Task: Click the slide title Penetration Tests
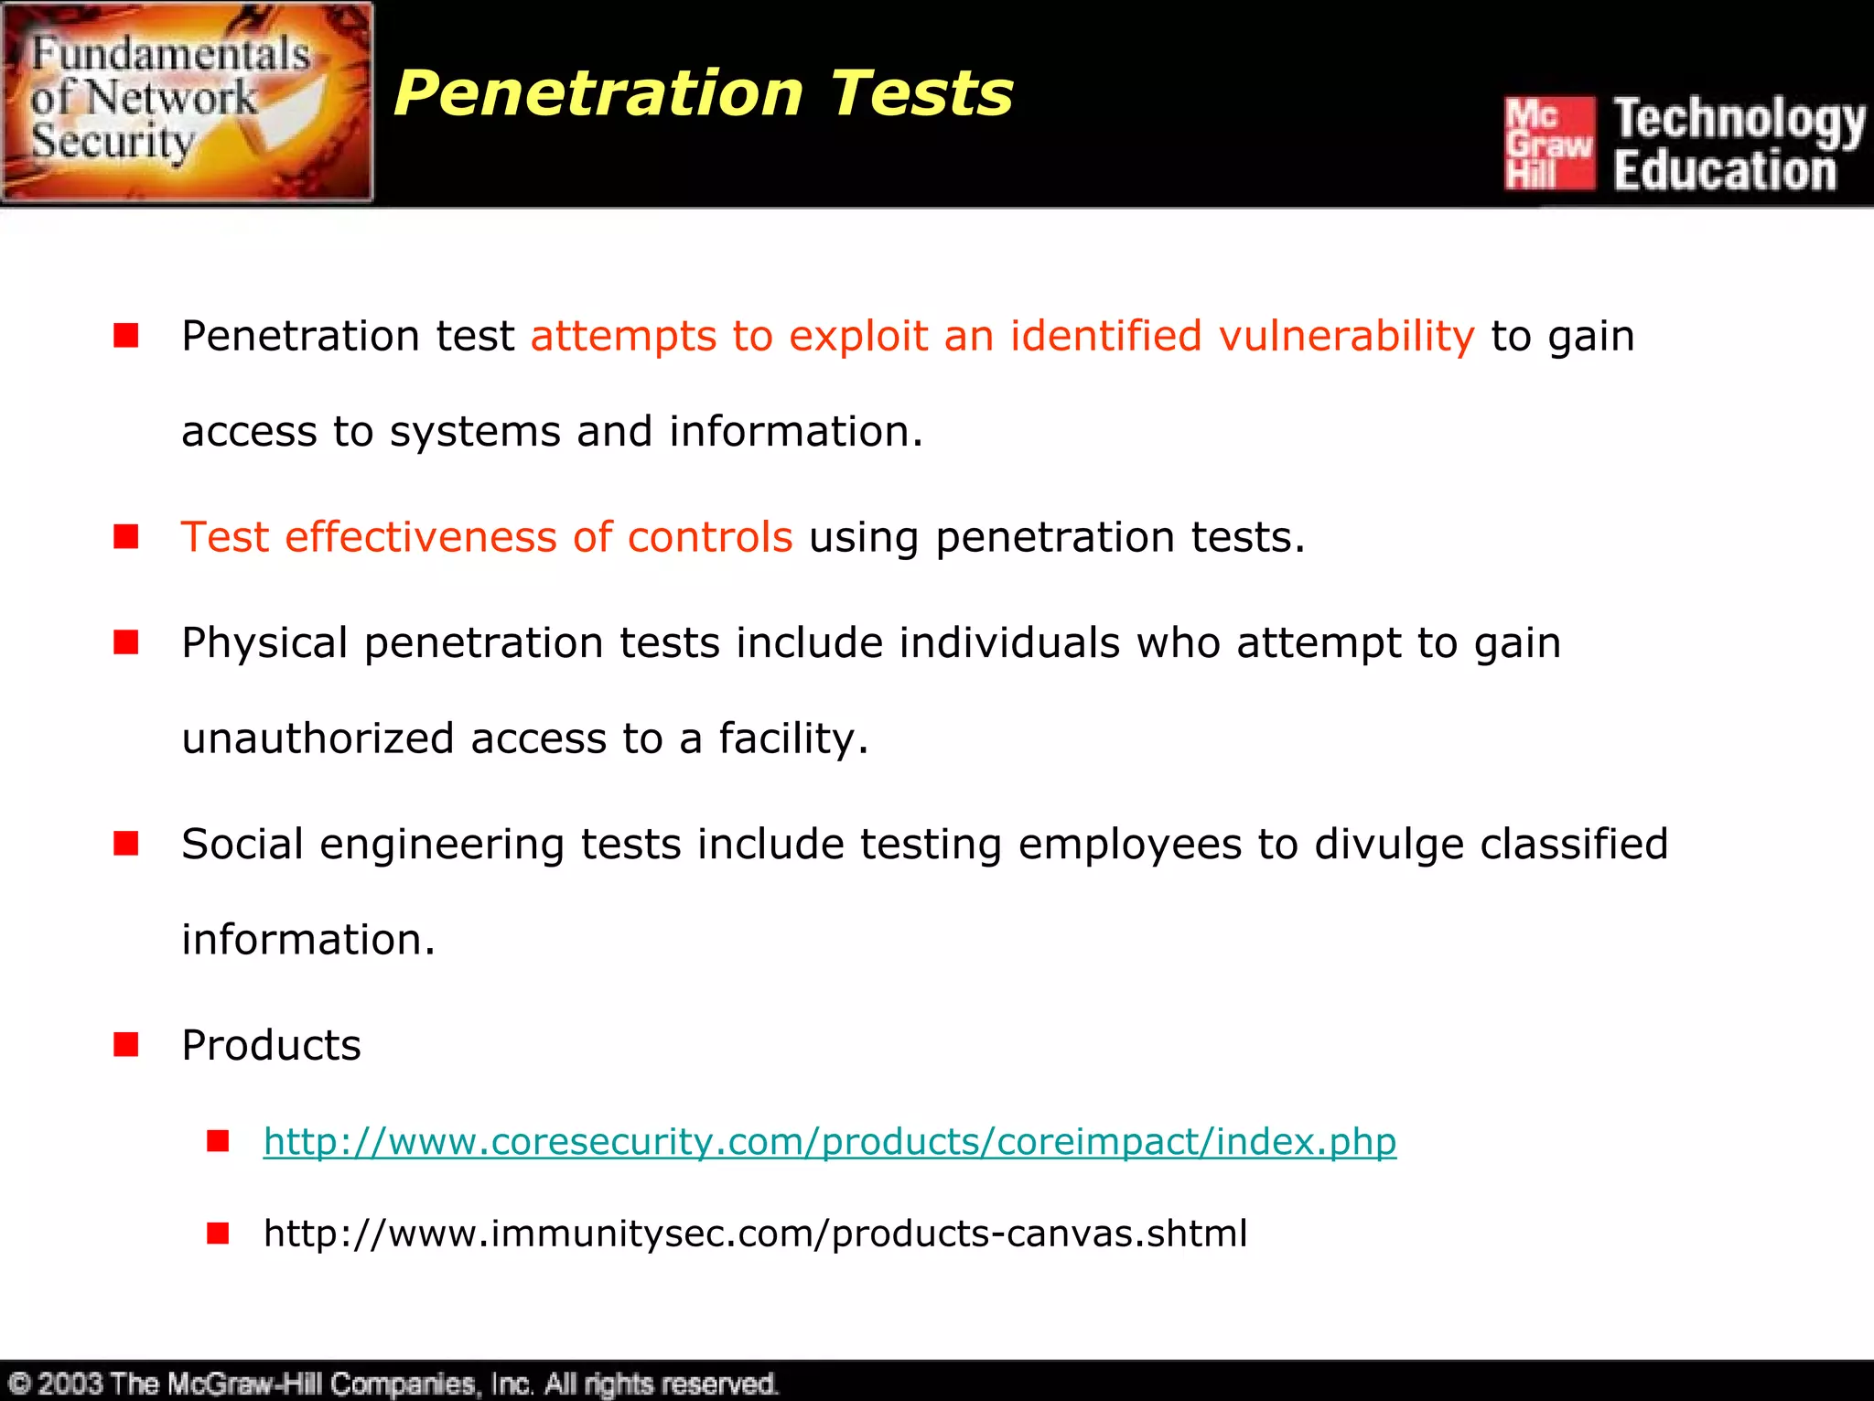click(x=703, y=93)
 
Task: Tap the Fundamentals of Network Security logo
click(x=188, y=102)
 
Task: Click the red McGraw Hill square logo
click(x=1549, y=143)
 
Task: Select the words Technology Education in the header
click(x=1738, y=145)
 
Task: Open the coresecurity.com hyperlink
click(x=829, y=1141)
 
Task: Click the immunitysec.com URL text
click(x=755, y=1233)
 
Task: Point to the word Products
click(x=271, y=1045)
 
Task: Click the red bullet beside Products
click(x=126, y=1044)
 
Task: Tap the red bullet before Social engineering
click(x=126, y=843)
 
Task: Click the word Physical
click(x=264, y=642)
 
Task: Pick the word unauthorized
click(x=318, y=738)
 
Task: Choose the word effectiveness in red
click(x=421, y=537)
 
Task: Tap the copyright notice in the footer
click(x=393, y=1383)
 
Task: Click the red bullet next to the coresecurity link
click(x=218, y=1141)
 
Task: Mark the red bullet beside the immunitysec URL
click(x=218, y=1234)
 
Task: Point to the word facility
click(x=792, y=738)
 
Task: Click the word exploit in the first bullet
click(x=858, y=336)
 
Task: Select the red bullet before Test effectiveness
click(x=126, y=536)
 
